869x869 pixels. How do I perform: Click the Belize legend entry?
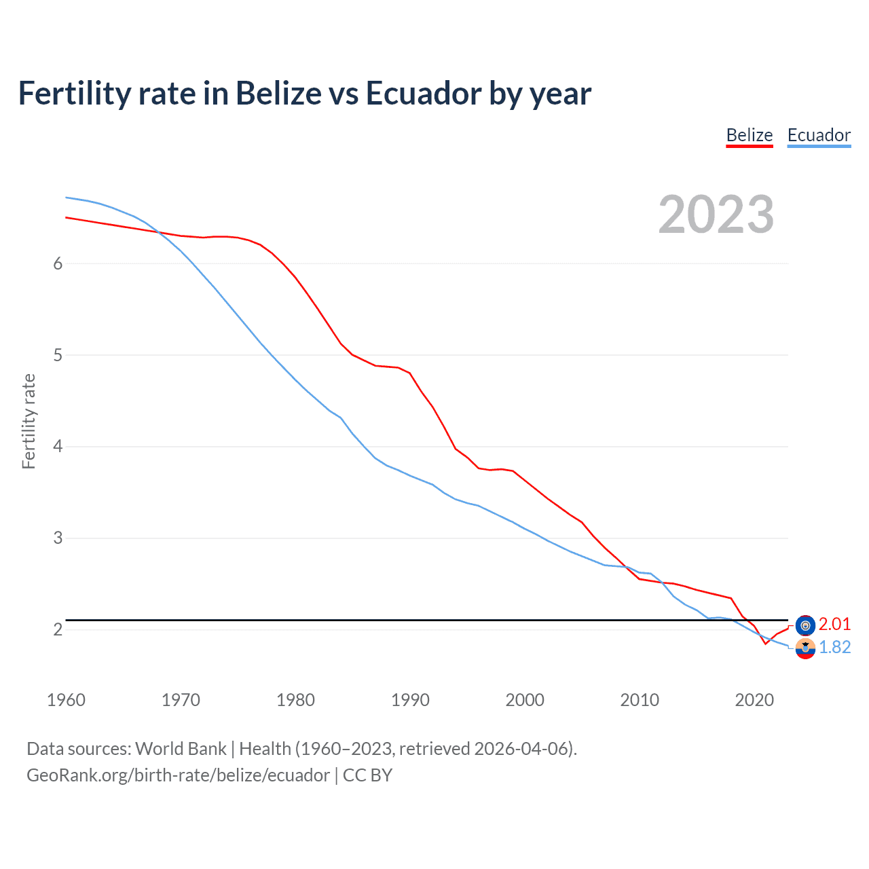tap(750, 135)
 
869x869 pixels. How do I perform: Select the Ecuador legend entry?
tap(819, 135)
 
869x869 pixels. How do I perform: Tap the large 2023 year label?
tap(716, 215)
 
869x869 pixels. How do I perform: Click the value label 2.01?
tap(834, 624)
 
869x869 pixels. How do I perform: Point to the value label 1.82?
tap(834, 647)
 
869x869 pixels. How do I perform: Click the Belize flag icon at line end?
tap(805, 625)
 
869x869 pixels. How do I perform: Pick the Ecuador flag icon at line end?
tap(805, 648)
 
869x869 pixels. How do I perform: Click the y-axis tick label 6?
tap(58, 263)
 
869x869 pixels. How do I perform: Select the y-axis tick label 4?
tap(58, 447)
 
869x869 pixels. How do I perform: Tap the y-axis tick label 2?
tap(58, 629)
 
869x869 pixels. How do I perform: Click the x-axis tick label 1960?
tap(66, 700)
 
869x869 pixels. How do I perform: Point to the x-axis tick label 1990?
tap(410, 700)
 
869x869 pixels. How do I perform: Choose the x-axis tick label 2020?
tap(754, 700)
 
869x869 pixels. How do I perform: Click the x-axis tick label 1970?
tap(181, 700)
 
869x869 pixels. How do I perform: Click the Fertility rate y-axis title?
tap(29, 421)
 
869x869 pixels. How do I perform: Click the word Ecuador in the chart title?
tap(424, 93)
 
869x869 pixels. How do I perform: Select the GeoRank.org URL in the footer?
tap(178, 775)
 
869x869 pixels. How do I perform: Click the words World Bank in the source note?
tap(181, 749)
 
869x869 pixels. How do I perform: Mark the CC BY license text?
tap(367, 775)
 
